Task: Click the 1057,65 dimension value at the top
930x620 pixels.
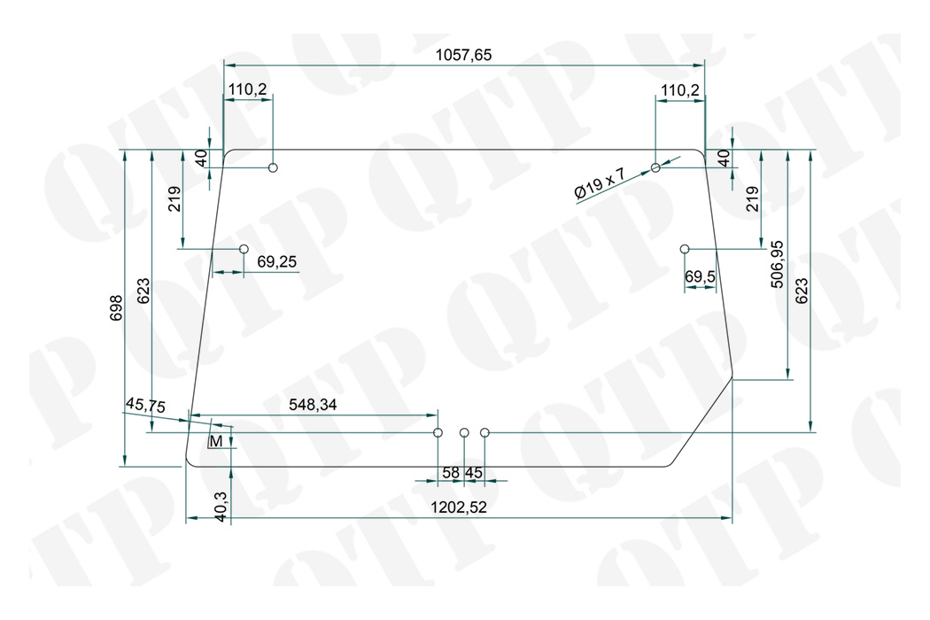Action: pyautogui.click(x=463, y=55)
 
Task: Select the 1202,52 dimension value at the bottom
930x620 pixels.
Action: pyautogui.click(x=460, y=508)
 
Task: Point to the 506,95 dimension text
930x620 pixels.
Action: pyautogui.click(x=777, y=263)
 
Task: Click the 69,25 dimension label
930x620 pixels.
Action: pyautogui.click(x=277, y=261)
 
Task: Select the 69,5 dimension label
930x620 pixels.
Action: pyautogui.click(x=701, y=277)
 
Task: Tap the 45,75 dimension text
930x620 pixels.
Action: pyautogui.click(x=145, y=405)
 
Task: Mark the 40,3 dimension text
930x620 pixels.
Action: pyautogui.click(x=221, y=507)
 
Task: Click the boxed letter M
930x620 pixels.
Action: pyautogui.click(x=215, y=441)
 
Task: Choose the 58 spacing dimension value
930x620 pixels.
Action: pyautogui.click(x=451, y=473)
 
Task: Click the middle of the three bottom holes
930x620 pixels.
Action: pyautogui.click(x=464, y=432)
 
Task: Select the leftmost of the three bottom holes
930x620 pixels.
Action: pyautogui.click(x=438, y=432)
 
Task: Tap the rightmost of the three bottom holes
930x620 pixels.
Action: pyautogui.click(x=484, y=432)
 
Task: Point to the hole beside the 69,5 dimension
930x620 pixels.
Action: pyautogui.click(x=685, y=249)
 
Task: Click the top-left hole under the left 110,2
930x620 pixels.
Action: pyautogui.click(x=273, y=167)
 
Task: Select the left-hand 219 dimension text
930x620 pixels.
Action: pyautogui.click(x=174, y=198)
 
